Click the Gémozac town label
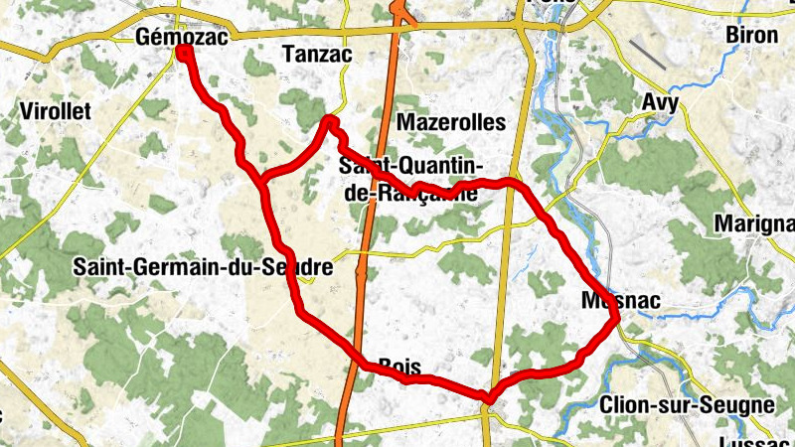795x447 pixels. coord(181,38)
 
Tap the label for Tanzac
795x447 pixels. coord(317,55)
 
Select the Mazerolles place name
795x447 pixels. coord(451,122)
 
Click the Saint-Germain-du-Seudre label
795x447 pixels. coord(203,267)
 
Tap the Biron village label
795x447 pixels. coord(751,36)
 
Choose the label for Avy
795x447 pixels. coord(661,103)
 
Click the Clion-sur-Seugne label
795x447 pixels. coord(687,404)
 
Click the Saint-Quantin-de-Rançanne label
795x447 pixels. coord(410,179)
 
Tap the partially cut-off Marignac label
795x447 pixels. coord(754,224)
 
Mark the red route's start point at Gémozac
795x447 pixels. coord(184,51)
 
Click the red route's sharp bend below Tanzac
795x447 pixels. coord(330,122)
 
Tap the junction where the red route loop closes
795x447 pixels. coord(264,180)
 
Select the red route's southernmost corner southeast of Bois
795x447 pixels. coord(488,398)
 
